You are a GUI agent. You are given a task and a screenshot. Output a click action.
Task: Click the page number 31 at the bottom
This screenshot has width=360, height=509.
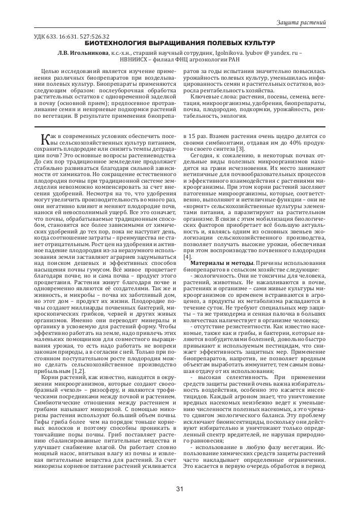coord(179,489)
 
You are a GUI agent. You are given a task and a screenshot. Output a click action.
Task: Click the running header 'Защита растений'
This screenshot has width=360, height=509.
coord(301,23)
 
